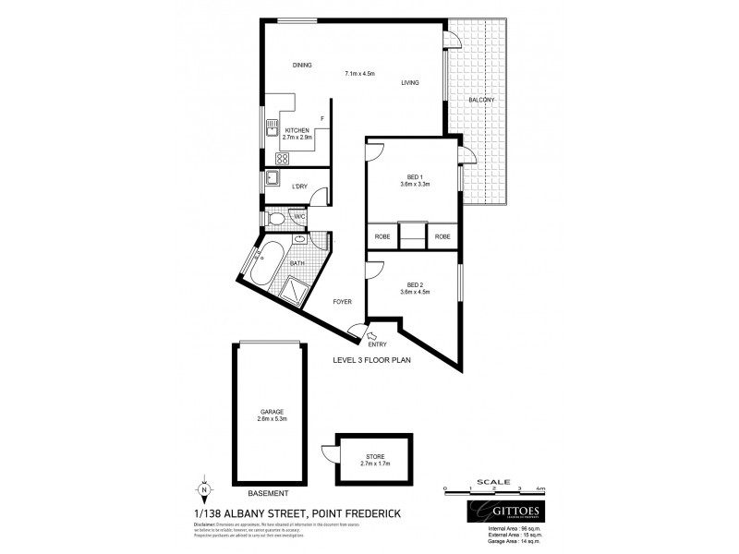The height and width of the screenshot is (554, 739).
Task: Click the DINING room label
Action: click(302, 66)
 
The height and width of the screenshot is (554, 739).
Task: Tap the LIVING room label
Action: click(410, 83)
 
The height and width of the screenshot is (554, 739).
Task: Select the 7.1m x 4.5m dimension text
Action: click(358, 74)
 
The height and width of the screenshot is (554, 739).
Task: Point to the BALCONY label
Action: click(481, 100)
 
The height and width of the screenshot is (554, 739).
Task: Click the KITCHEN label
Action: click(297, 131)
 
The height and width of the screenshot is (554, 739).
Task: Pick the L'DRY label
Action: click(299, 187)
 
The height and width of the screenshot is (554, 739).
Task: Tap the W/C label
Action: click(299, 216)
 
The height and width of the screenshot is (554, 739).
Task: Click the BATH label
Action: click(297, 263)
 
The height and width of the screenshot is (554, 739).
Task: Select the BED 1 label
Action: click(416, 175)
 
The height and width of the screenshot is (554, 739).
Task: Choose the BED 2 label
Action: click(416, 286)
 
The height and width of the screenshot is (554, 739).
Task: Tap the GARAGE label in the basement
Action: click(271, 411)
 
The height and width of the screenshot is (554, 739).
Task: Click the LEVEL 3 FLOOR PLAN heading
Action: click(371, 360)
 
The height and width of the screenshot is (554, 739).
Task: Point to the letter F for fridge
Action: click(321, 118)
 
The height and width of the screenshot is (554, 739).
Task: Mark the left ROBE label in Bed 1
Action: click(382, 236)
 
